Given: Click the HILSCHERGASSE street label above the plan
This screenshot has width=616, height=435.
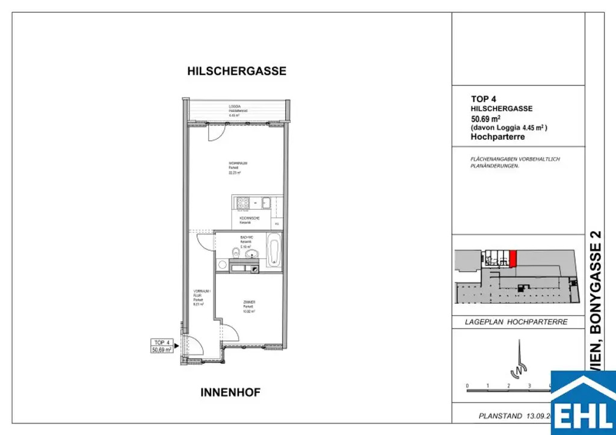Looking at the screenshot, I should click(236, 71).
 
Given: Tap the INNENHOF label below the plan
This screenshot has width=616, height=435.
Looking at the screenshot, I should click(230, 393).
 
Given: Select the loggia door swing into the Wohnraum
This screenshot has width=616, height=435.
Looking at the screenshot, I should click(214, 134).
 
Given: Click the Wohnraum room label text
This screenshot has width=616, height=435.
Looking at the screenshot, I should click(235, 167).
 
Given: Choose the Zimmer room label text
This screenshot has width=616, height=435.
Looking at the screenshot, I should click(250, 306).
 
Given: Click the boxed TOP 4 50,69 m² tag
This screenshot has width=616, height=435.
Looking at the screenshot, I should click(162, 345).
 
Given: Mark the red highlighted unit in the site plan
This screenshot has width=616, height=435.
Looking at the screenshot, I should click(513, 258).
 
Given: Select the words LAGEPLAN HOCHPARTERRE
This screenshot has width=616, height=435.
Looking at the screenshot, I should click(516, 322).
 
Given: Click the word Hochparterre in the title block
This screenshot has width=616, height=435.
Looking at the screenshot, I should click(497, 137).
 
